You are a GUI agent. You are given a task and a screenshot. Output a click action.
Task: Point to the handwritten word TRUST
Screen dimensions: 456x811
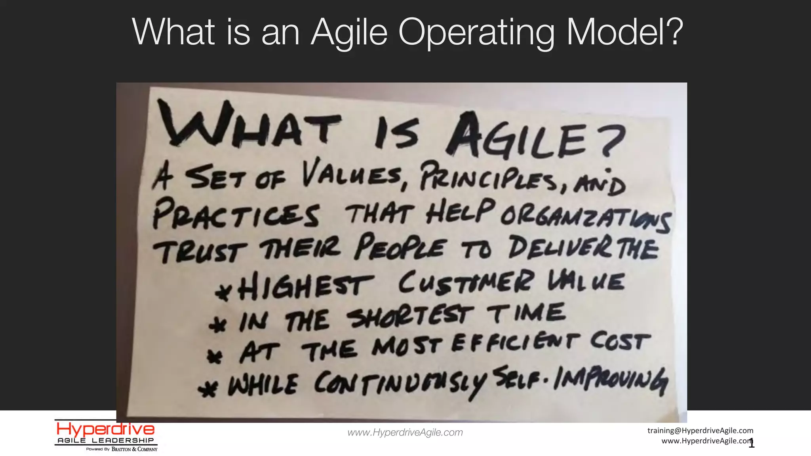[x=200, y=251]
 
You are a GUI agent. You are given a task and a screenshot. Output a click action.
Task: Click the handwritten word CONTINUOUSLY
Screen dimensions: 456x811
[x=400, y=382]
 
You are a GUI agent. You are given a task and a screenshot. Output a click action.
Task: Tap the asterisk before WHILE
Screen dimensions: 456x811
[x=208, y=389]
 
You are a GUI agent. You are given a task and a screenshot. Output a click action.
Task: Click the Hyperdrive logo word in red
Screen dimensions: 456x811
[x=105, y=429]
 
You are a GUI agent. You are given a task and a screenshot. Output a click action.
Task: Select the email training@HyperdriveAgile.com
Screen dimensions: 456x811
[x=700, y=430]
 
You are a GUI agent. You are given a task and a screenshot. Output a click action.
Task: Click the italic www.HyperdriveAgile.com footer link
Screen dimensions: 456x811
[x=405, y=432]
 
